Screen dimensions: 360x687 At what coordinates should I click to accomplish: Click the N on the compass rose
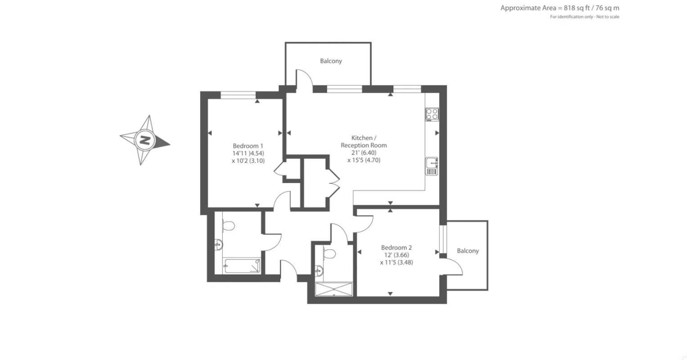point(145,140)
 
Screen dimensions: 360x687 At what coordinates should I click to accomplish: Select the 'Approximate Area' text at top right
point(560,8)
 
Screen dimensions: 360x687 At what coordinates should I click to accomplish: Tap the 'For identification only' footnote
point(584,17)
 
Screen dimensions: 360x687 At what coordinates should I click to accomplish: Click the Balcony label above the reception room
point(331,61)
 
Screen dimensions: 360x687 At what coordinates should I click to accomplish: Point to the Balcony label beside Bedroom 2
point(467,251)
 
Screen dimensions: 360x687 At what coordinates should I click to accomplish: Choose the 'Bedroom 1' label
point(248,146)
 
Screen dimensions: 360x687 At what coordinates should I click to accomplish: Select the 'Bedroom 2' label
point(396,247)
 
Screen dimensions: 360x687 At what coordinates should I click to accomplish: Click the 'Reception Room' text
point(364,145)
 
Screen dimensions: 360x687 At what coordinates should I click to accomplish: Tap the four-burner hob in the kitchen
point(432,114)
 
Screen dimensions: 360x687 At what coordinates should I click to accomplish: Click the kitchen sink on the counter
point(431,166)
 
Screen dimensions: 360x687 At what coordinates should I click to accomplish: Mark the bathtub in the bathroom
point(242,266)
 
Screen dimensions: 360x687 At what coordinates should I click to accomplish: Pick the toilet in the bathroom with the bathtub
point(228,225)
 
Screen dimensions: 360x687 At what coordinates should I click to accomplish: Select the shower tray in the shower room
point(334,289)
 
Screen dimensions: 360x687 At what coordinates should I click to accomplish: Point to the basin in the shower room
point(319,270)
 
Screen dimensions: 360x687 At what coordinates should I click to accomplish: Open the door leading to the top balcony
point(304,80)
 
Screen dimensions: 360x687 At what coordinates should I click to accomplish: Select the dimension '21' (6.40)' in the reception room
point(364,153)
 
